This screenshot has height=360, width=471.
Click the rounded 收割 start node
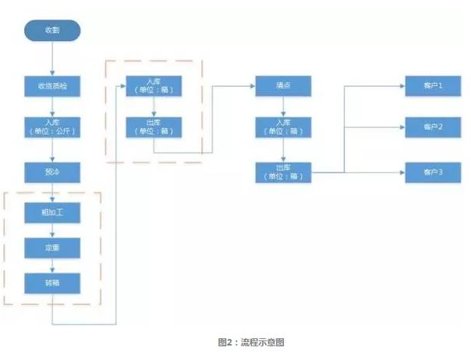click(x=52, y=31)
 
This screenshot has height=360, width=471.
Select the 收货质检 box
click(x=52, y=85)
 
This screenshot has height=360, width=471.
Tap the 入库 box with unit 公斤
click(x=52, y=127)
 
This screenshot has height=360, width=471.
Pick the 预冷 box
click(x=52, y=171)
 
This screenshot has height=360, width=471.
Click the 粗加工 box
click(x=52, y=211)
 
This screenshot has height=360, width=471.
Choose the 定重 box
click(x=52, y=247)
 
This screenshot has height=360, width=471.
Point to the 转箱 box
click(x=52, y=282)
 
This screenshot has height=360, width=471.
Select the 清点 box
click(x=282, y=85)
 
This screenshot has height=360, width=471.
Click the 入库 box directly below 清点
click(x=282, y=127)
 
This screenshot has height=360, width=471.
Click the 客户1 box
click(x=433, y=85)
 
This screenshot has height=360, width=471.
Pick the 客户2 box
click(x=433, y=127)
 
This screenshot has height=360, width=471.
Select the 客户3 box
click(x=433, y=171)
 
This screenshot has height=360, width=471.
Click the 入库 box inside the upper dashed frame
click(x=153, y=85)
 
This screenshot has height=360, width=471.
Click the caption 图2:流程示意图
click(x=246, y=343)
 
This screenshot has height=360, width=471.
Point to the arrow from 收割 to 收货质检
click(x=52, y=58)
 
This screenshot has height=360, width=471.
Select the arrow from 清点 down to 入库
click(x=282, y=106)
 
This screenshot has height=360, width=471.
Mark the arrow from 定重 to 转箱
click(x=52, y=265)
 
